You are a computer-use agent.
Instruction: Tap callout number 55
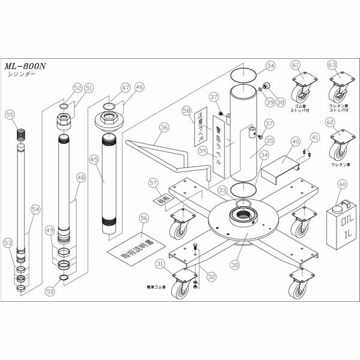(x=10, y=114)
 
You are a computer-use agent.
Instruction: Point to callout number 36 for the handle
(x=164, y=127)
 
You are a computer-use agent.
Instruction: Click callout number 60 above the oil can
(x=343, y=185)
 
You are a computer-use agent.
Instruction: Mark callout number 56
(x=143, y=218)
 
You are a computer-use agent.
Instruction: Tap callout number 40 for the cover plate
(x=295, y=142)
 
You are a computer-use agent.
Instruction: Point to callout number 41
(x=314, y=137)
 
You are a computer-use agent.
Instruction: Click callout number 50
(x=50, y=292)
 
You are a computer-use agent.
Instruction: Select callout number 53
(x=8, y=242)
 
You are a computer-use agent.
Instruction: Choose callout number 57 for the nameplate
(x=153, y=182)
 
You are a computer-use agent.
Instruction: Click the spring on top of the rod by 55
(x=22, y=135)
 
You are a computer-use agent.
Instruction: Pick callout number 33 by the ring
(x=223, y=190)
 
